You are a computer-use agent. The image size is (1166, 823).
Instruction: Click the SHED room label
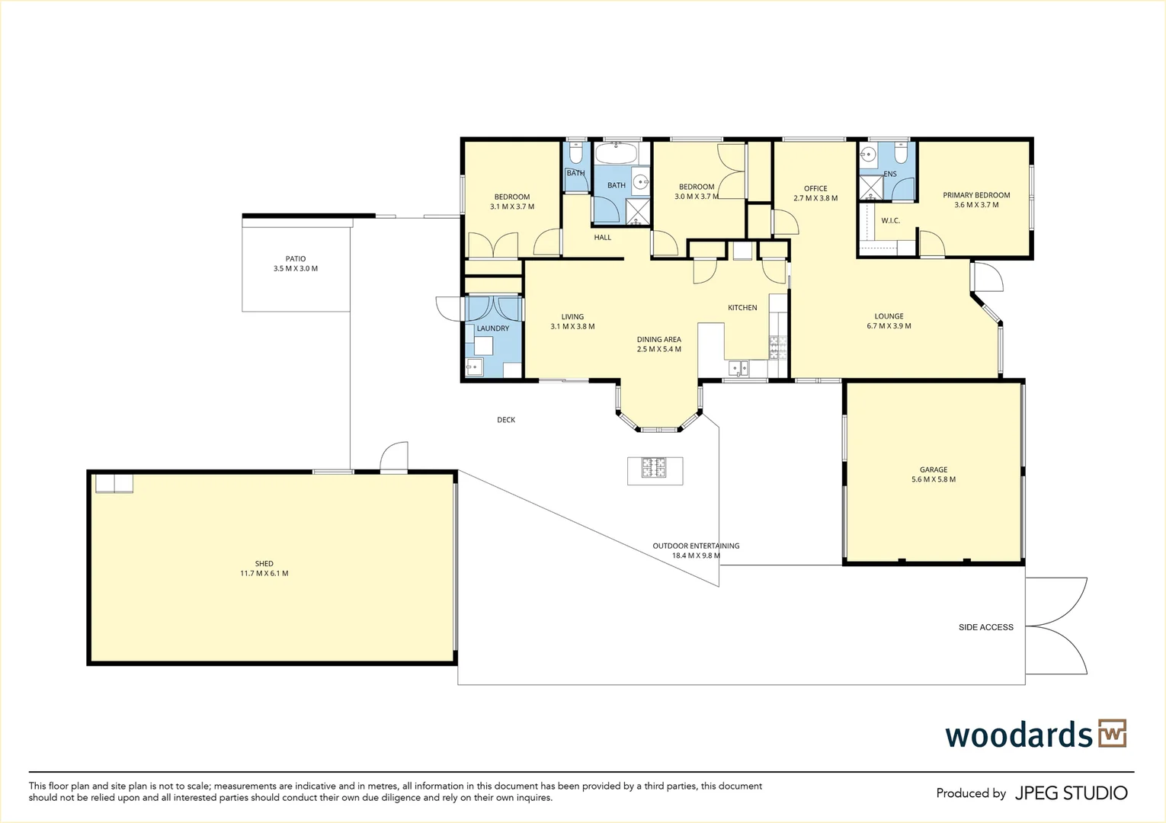pos(264,564)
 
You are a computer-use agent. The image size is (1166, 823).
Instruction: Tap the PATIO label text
pos(296,259)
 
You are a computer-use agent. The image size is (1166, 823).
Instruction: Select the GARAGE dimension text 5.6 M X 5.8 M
pos(934,479)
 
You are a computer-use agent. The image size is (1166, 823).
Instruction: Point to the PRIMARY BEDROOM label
pos(976,195)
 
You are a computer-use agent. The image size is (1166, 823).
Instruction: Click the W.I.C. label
pos(890,221)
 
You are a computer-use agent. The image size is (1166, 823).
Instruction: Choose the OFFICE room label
pos(815,188)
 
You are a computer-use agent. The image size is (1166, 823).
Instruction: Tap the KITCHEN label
pos(742,308)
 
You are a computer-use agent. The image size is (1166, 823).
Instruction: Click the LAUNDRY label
pos(493,328)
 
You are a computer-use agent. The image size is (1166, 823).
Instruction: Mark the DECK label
pos(506,420)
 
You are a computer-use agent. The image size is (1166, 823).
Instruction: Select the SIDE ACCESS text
pos(986,627)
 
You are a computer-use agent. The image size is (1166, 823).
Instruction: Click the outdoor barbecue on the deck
pos(655,470)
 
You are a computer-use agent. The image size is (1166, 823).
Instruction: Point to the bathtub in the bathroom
pos(616,155)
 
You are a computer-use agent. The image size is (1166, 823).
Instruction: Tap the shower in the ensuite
pos(870,188)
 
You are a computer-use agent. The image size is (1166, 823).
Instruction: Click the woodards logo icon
pos(1112,734)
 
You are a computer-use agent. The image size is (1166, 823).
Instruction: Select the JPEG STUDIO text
pos(1071,793)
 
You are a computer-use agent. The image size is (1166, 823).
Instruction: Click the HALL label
pos(603,238)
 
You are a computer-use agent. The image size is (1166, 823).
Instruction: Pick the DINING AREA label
pos(659,340)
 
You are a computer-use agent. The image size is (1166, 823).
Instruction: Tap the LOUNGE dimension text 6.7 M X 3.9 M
pos(889,326)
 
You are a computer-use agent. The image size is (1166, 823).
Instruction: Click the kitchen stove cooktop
pos(777,347)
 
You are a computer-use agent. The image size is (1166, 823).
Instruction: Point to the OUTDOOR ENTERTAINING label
pos(696,546)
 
